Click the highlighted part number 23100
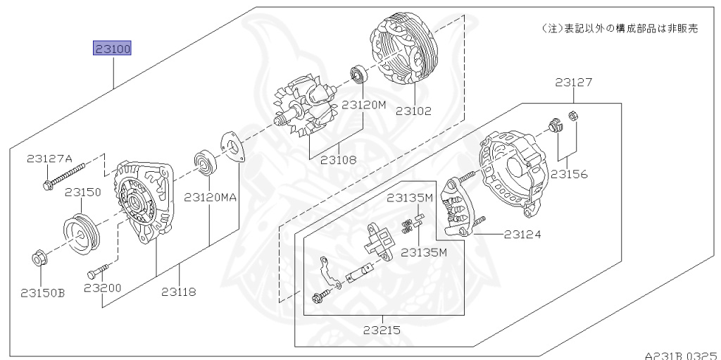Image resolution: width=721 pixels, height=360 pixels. pos(113,49)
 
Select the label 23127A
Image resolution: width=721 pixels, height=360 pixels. pos(50,159)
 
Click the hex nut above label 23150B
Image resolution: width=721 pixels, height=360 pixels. pos(39,259)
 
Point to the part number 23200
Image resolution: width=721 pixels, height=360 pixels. pos(103,288)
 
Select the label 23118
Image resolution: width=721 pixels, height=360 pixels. pos(178,292)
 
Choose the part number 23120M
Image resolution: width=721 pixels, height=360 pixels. pos(364,105)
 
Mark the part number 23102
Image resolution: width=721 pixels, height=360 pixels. pos(413,111)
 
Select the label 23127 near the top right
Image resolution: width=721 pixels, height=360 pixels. pos(573,82)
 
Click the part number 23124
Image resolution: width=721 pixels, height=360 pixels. pos(522,234)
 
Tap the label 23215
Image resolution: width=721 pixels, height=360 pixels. pos(382,329)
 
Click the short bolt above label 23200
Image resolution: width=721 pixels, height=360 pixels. pos(98,271)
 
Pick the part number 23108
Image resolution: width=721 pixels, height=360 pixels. pos(338,159)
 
